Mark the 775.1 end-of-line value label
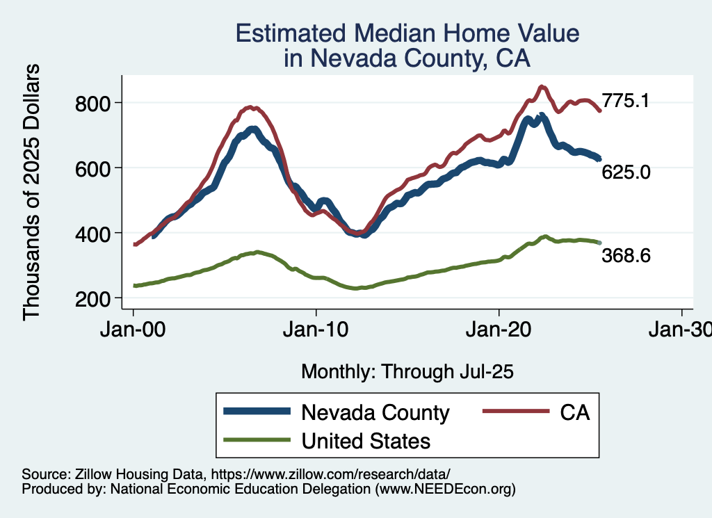pos(626,102)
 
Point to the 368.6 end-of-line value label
pos(626,257)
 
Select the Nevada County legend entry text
pos(375,413)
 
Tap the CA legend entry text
pos(574,413)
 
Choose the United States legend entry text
pos(366,441)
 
